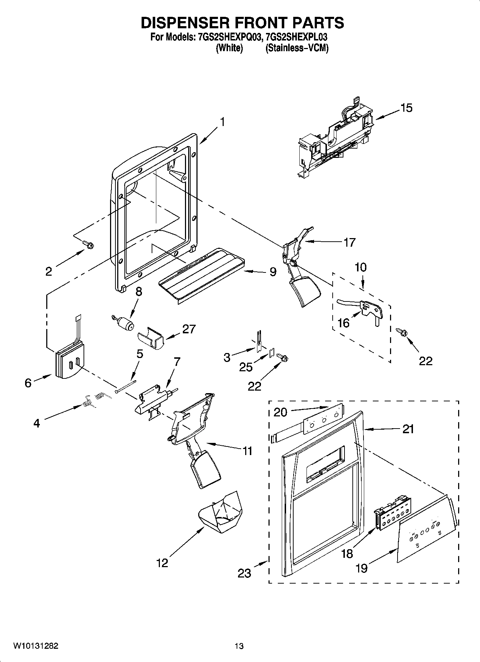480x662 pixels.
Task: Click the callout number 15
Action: tap(407, 107)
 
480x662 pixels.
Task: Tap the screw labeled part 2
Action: tap(88, 245)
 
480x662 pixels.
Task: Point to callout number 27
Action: tap(189, 329)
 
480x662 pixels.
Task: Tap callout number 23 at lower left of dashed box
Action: tap(244, 573)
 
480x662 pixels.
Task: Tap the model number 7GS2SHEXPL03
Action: tap(297, 37)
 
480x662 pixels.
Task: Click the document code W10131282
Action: tap(35, 646)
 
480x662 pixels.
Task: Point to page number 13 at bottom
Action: tap(239, 646)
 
